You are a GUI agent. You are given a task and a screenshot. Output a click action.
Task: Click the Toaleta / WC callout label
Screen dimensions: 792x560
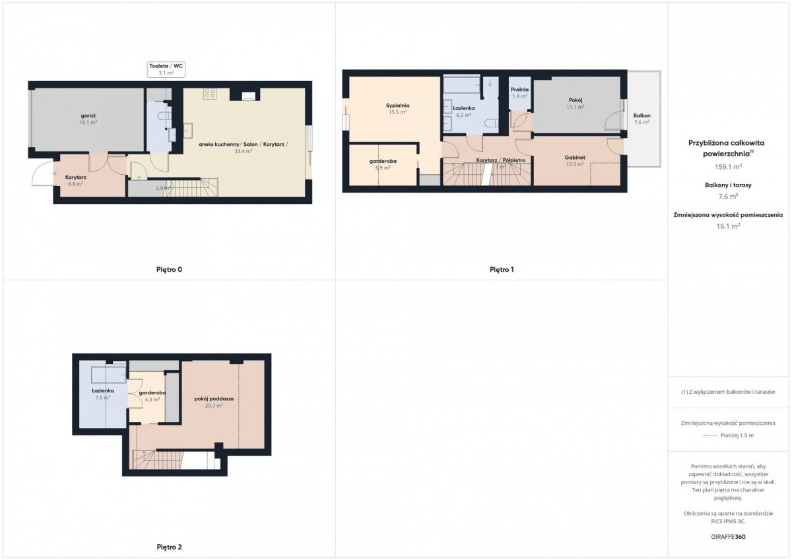pos(166,70)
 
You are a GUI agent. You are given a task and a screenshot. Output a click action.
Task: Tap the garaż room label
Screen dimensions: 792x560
pos(88,115)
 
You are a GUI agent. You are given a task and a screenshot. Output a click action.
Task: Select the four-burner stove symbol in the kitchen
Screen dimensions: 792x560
pos(210,94)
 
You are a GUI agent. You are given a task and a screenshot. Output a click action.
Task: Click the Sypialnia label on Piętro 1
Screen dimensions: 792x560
pos(397,106)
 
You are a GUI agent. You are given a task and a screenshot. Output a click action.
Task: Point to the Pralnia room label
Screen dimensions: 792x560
pos(519,90)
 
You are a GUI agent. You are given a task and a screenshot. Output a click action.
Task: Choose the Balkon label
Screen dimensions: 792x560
pos(642,115)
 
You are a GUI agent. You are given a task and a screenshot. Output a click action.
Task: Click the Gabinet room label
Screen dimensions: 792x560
pos(575,158)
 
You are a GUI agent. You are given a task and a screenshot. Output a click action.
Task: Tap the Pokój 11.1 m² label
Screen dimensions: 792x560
pos(576,103)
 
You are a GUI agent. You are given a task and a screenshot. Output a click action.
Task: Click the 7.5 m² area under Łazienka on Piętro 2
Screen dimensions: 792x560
pos(102,398)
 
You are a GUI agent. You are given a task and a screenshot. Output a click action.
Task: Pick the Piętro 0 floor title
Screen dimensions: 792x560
pos(170,270)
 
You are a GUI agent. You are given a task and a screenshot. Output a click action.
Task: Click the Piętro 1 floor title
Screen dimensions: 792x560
pos(502,270)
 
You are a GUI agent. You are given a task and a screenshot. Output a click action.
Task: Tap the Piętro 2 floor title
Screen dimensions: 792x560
pos(170,547)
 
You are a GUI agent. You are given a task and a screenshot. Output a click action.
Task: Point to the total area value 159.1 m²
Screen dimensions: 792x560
pos(728,167)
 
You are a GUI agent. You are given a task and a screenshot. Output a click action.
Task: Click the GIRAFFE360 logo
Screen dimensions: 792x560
pos(728,537)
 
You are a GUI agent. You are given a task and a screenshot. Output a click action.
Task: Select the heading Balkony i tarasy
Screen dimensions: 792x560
pos(728,185)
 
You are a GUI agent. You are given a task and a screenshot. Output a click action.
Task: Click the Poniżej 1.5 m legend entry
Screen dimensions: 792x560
pos(728,435)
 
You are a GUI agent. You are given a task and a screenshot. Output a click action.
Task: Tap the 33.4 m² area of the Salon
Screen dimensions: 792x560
pos(244,151)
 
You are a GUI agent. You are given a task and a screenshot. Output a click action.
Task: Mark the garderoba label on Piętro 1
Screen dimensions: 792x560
pos(383,161)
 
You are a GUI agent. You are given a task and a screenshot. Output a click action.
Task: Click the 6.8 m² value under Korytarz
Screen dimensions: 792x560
pos(76,184)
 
